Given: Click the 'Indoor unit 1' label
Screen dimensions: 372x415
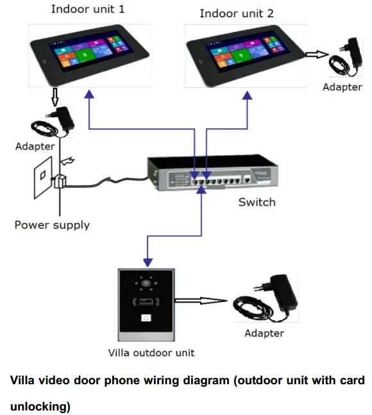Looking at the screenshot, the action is [x=88, y=9].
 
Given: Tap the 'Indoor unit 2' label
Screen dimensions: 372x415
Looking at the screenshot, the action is [x=237, y=13].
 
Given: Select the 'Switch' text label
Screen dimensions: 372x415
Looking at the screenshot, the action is [x=257, y=202].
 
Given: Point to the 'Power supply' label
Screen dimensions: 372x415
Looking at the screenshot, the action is [x=52, y=225].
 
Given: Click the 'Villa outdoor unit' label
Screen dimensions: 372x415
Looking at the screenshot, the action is [x=151, y=353].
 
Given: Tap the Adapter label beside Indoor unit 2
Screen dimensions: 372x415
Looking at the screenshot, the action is [x=342, y=87].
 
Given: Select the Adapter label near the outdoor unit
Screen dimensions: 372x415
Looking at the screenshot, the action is [x=264, y=333].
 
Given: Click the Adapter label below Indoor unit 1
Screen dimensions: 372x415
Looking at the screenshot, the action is [x=35, y=147].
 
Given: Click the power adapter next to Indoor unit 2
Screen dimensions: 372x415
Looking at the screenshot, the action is [x=346, y=57].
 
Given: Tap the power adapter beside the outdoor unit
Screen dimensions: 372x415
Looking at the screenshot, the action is [x=266, y=298].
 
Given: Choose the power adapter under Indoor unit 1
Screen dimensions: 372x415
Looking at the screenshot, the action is [x=53, y=122].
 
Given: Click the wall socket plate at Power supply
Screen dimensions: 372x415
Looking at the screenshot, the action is [x=43, y=177].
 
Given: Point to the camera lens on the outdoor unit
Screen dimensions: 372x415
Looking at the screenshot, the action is [x=146, y=284].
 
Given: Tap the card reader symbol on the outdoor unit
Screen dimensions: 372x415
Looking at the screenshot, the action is [x=146, y=302].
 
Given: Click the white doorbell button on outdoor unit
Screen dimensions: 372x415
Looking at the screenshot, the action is [x=146, y=318].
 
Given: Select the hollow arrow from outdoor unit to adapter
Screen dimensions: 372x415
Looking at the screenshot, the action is [x=201, y=300].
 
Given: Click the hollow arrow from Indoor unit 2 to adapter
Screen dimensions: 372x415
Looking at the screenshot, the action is [x=317, y=54].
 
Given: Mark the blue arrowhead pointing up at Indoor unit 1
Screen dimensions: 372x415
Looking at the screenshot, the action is [x=89, y=94].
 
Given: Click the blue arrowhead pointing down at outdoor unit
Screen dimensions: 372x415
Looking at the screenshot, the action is [x=148, y=263].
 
